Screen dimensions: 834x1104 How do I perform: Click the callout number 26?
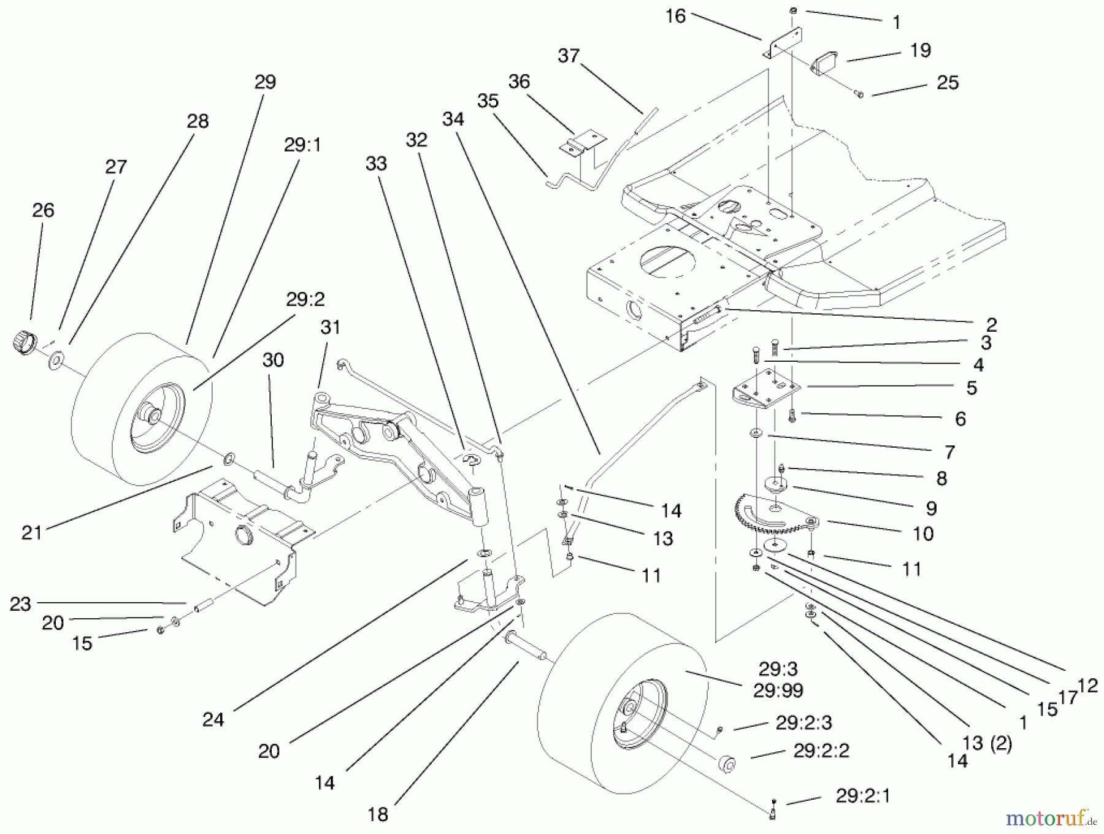(43, 210)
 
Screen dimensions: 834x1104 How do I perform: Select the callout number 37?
(569, 56)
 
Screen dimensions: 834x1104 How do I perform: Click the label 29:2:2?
(821, 751)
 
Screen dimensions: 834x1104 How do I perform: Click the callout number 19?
(920, 50)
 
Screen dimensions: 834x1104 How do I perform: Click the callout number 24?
(213, 719)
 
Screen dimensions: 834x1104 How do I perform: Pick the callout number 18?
(378, 814)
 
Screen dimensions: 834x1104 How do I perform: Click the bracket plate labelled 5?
(767, 392)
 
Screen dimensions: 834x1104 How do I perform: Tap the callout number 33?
(376, 164)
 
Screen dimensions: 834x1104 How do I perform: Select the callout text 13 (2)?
(987, 743)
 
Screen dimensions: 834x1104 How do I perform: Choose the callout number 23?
(20, 604)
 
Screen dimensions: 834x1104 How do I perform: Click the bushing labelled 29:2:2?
(727, 765)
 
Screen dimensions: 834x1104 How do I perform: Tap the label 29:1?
(302, 145)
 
